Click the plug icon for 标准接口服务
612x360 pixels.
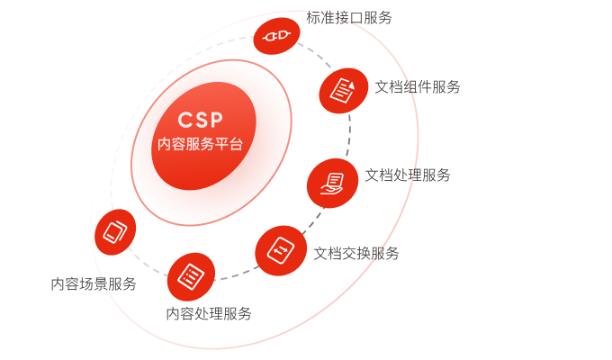[275, 36]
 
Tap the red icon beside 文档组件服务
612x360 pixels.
[343, 89]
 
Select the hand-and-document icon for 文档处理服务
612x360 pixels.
[331, 183]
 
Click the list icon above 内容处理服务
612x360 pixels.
[191, 275]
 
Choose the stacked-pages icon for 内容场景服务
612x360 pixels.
[116, 231]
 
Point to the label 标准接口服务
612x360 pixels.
[349, 17]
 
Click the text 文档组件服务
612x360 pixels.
[418, 87]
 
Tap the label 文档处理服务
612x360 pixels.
[408, 175]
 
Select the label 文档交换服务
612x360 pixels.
[356, 253]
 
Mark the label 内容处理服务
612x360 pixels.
[209, 313]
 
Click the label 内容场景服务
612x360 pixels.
[94, 284]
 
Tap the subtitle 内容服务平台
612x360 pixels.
[200, 144]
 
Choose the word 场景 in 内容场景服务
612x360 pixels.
[94, 284]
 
